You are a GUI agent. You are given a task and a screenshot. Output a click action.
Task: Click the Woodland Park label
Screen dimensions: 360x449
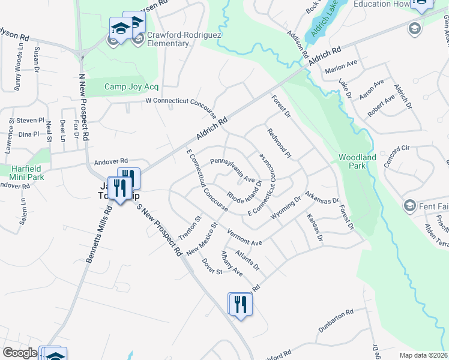point(357,161)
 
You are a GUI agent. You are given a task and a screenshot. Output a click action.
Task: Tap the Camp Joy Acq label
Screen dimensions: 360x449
point(131,86)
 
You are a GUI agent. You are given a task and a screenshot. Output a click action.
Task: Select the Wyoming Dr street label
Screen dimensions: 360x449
point(285,208)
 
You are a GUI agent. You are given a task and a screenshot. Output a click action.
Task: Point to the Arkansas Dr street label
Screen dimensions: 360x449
point(322,197)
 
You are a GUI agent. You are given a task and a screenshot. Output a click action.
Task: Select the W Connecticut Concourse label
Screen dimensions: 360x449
point(181,101)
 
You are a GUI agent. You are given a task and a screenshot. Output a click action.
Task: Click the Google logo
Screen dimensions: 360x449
point(20,353)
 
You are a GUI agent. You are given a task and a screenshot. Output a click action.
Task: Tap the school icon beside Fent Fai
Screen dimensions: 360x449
point(410,206)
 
